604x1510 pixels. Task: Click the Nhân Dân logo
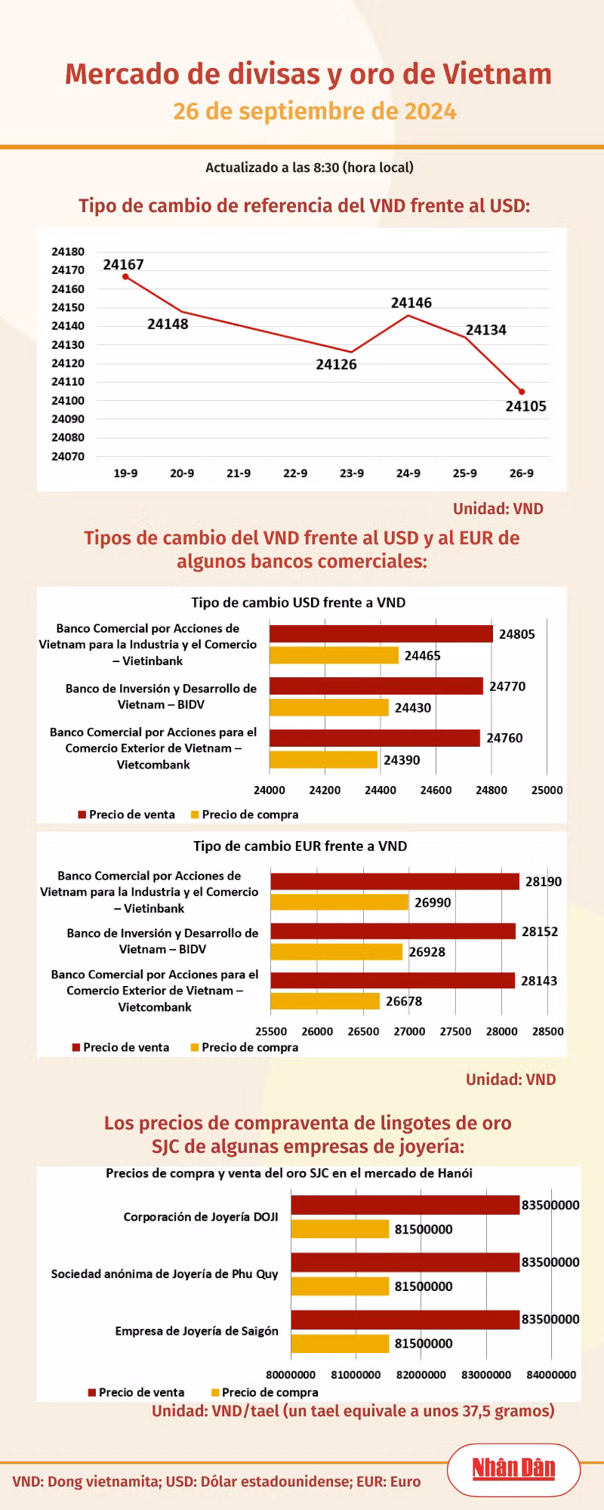513,1468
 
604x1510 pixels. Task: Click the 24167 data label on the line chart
123,264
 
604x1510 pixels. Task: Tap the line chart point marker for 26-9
522,392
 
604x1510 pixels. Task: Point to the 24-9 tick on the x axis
408,473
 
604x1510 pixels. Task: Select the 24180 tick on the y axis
68,251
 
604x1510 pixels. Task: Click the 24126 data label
336,365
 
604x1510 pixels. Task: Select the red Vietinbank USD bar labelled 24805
381,634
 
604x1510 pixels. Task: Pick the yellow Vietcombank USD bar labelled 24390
323,760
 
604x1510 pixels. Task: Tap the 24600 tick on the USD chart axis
436,790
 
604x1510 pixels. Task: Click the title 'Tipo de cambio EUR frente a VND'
300,846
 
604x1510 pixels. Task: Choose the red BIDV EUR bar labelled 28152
393,931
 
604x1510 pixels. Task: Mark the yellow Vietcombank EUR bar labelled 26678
325,1001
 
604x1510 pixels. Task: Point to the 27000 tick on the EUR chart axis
409,1031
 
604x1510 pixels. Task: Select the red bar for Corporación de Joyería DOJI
405,1205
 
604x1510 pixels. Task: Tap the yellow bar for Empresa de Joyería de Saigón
341,1343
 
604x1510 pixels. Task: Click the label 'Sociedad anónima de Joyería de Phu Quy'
165,1274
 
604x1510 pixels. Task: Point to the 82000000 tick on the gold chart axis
421,1375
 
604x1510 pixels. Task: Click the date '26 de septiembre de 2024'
315,112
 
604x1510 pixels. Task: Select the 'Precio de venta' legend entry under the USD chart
126,815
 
